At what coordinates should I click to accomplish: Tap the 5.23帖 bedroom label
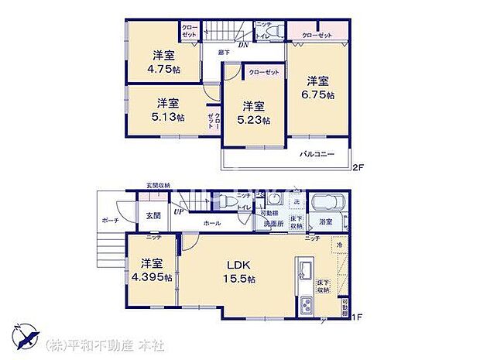(x=254, y=113)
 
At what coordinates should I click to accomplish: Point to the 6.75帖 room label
(x=317, y=86)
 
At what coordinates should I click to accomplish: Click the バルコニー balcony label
(x=317, y=154)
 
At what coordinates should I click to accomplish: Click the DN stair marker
(x=243, y=45)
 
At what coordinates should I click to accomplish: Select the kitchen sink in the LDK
(x=304, y=273)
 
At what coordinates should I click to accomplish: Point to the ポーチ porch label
(x=109, y=219)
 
